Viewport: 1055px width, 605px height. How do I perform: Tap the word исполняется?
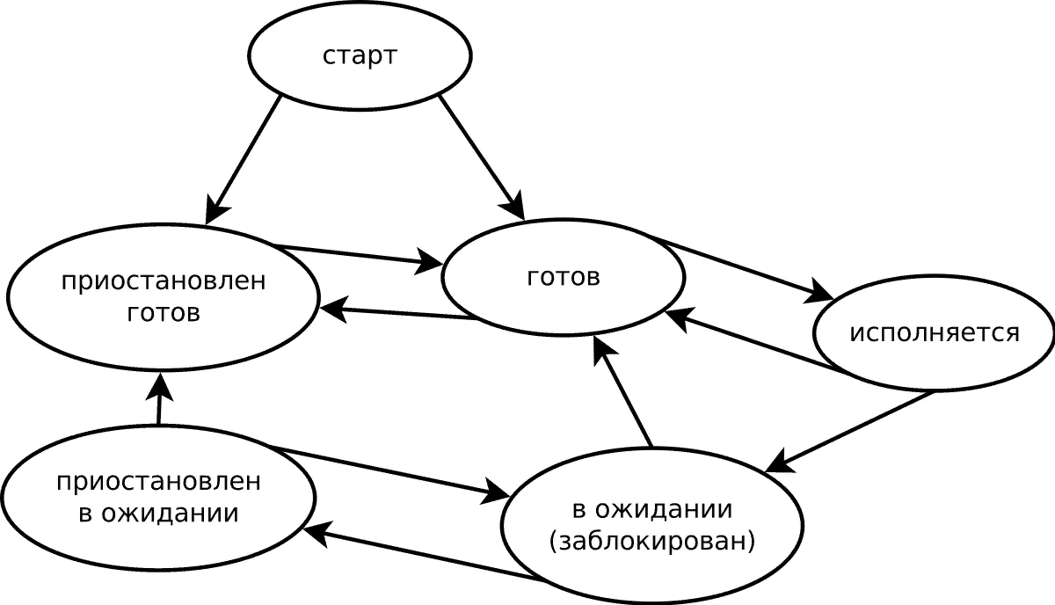(x=934, y=334)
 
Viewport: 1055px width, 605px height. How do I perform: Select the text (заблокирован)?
(x=651, y=542)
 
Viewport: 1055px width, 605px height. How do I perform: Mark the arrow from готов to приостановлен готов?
(x=399, y=313)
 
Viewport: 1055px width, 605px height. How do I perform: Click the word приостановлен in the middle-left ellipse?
(x=163, y=283)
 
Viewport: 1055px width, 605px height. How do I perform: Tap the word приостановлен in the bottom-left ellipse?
(x=158, y=483)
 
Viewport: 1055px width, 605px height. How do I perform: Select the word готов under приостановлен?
(x=163, y=313)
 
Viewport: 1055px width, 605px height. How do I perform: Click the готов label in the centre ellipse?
(x=564, y=278)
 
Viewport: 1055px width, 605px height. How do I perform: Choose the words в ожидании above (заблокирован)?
(x=651, y=510)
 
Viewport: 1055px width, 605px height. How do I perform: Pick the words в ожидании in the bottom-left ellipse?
(x=158, y=514)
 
